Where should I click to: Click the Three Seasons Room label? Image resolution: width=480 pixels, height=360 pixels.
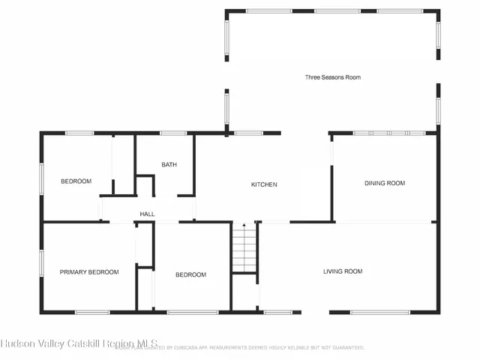[332, 77]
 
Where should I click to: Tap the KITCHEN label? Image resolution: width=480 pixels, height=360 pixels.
[264, 184]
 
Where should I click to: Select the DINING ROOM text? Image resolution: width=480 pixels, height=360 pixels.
[384, 183]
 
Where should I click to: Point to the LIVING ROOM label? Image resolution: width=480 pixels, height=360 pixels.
[343, 271]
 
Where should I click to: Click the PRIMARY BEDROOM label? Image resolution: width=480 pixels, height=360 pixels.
[89, 272]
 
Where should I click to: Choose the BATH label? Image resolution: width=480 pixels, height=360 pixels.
[169, 165]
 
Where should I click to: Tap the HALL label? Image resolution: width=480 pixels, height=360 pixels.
[147, 214]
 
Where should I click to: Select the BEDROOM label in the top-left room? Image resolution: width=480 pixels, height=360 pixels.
[76, 181]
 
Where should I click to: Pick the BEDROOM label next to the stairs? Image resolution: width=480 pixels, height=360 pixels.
[190, 274]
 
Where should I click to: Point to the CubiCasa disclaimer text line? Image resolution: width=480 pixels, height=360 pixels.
[240, 348]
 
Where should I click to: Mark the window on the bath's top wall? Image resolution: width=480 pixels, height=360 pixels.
[173, 133]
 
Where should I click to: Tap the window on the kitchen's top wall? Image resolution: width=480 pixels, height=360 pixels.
[246, 133]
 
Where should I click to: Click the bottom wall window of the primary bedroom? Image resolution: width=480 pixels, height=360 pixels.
[92, 312]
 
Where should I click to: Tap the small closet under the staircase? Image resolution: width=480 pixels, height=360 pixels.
[244, 292]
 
